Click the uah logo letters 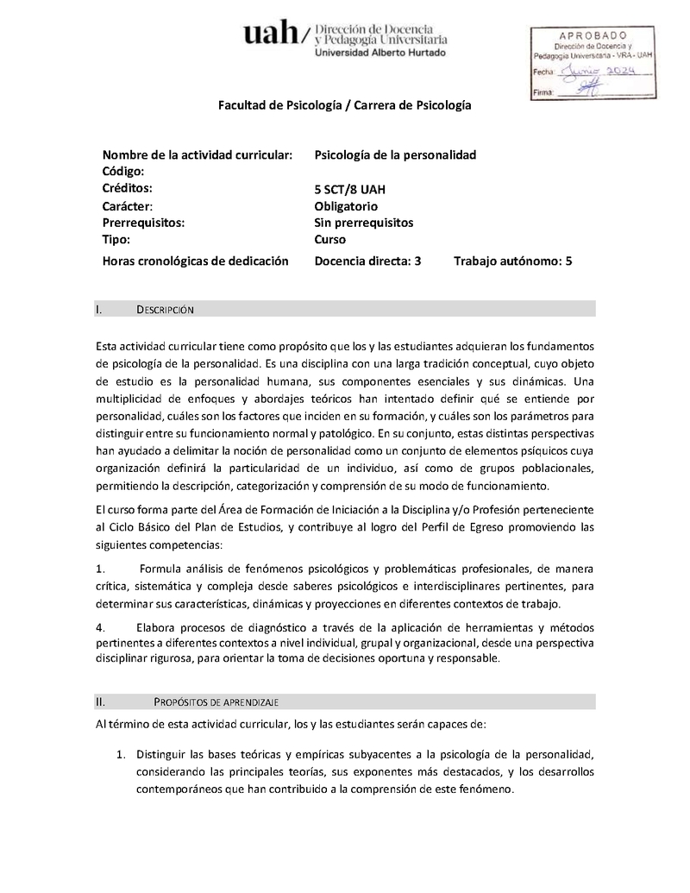[x=271, y=35]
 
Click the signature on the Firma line [x=590, y=88]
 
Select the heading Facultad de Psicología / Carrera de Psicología [x=345, y=105]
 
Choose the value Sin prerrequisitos [x=364, y=223]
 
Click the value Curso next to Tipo [x=330, y=240]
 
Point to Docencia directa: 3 [x=367, y=260]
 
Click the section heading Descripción [x=169, y=309]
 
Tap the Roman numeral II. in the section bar [x=101, y=701]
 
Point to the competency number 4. [x=101, y=626]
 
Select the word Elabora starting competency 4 [x=159, y=626]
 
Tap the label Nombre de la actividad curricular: [x=197, y=154]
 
